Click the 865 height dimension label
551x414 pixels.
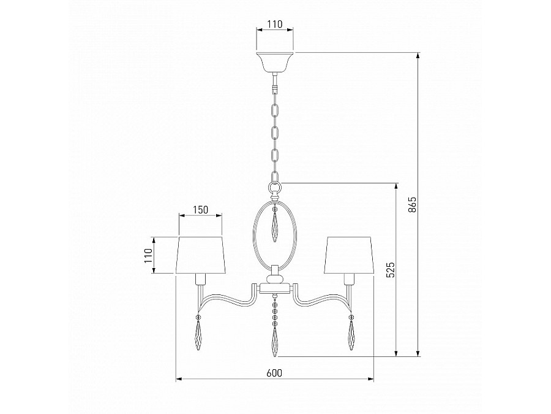[x=413, y=204]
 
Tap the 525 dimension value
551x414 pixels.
[x=391, y=270]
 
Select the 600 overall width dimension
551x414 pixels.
[x=274, y=373]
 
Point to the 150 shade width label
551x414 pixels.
[x=200, y=210]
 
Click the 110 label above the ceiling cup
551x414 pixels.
[x=275, y=25]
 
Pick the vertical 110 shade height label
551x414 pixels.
[x=148, y=256]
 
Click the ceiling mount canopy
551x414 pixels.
[x=275, y=62]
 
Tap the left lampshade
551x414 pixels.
[x=201, y=255]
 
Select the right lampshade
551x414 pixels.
[x=348, y=255]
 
